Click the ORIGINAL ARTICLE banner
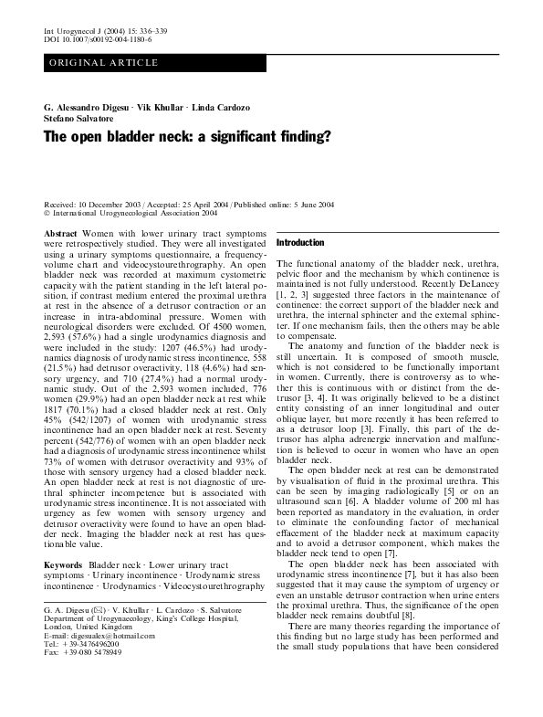[103, 62]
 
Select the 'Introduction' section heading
[300, 243]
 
